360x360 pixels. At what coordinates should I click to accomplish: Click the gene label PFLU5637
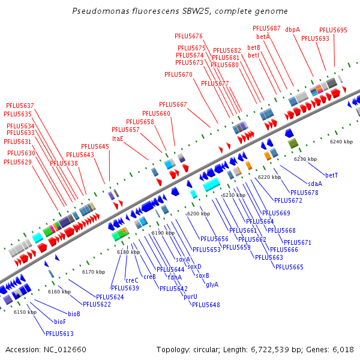(20, 106)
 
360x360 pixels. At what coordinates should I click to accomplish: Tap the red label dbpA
(293, 29)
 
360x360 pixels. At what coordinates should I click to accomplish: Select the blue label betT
(332, 175)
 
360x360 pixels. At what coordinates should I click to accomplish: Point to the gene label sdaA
(315, 184)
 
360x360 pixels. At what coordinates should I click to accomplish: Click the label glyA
(212, 285)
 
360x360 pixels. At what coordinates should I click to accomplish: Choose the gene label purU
(190, 296)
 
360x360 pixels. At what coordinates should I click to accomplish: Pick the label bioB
(74, 314)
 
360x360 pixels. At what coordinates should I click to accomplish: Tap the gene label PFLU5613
(59, 334)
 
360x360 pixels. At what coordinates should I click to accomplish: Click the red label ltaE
(118, 139)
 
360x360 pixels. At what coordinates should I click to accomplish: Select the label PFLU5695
(333, 30)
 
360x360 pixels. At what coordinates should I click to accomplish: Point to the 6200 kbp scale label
(199, 214)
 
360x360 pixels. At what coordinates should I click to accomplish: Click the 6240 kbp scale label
(341, 142)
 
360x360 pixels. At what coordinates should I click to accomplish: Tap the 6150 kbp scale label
(25, 312)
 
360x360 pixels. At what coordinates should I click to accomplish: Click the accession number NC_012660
(65, 350)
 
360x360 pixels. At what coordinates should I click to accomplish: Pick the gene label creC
(132, 280)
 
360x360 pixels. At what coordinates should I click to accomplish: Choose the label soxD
(194, 266)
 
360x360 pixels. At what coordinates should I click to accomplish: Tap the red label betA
(263, 37)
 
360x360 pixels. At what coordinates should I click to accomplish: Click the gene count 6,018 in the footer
(343, 350)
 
